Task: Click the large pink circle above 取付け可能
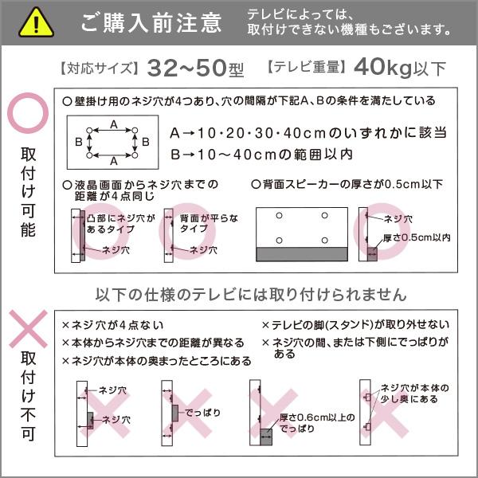pyautogui.click(x=27, y=116)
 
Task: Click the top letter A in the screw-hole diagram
pyautogui.click(x=114, y=125)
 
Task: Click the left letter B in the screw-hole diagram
pyautogui.click(x=79, y=142)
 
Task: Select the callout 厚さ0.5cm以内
pyautogui.click(x=417, y=237)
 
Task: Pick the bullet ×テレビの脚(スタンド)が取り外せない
pyautogui.click(x=355, y=325)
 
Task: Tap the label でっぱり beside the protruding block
pyautogui.click(x=199, y=414)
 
